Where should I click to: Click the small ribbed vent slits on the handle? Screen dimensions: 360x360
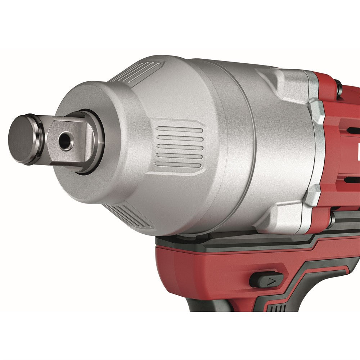tap(277, 308)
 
